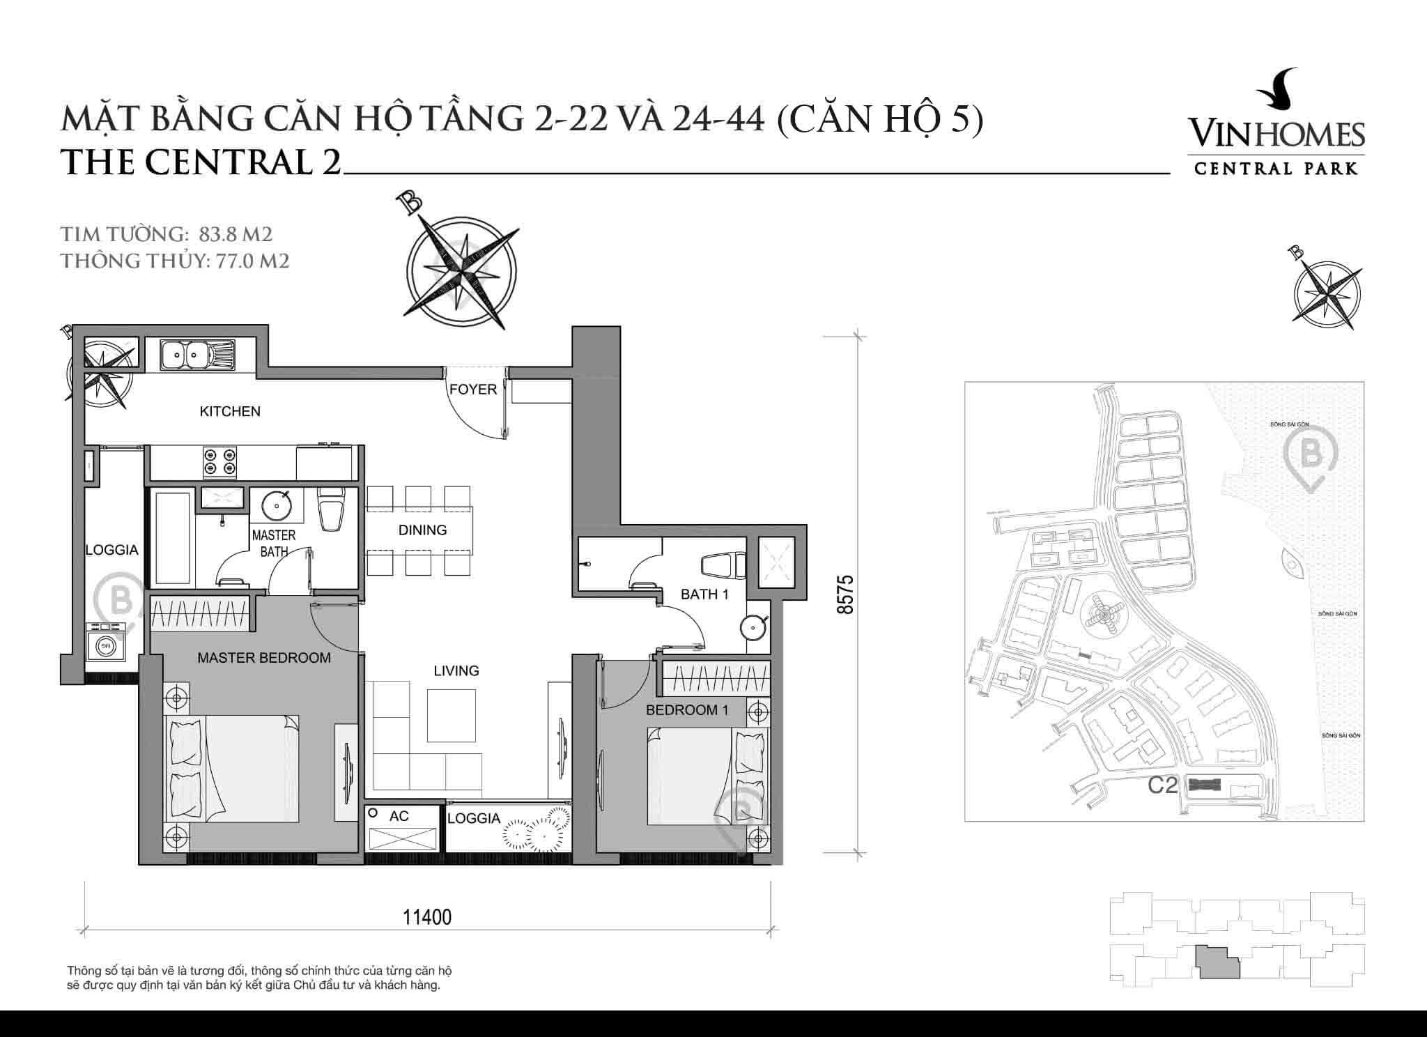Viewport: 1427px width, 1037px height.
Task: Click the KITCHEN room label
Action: tap(230, 411)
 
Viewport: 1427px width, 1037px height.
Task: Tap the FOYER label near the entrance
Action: tap(473, 390)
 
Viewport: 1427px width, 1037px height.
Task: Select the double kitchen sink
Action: tap(197, 356)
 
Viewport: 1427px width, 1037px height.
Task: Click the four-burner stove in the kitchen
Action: tap(219, 462)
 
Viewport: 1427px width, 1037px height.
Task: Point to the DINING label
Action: tap(422, 530)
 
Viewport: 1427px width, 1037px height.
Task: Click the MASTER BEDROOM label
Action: tap(263, 658)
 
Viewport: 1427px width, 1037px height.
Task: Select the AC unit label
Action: tap(399, 816)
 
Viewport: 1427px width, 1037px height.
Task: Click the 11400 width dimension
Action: tap(426, 917)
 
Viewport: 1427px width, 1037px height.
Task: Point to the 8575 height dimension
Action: tap(845, 594)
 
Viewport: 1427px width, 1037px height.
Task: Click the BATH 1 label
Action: tap(704, 594)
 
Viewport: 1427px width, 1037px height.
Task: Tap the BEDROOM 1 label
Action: tap(686, 710)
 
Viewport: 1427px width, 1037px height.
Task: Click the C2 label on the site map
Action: tap(1162, 785)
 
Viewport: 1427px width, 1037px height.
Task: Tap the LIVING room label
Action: tap(456, 671)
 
